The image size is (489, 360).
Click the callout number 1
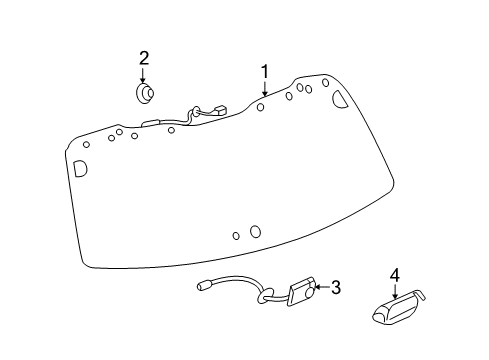click(x=265, y=71)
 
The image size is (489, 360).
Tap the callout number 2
click(x=144, y=58)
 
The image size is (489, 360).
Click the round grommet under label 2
click(x=145, y=94)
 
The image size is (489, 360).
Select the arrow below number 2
click(x=144, y=76)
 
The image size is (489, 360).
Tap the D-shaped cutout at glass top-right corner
click(x=339, y=97)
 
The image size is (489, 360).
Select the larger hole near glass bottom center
click(x=255, y=231)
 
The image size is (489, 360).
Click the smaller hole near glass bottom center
click(x=236, y=236)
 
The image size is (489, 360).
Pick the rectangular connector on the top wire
click(x=218, y=110)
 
